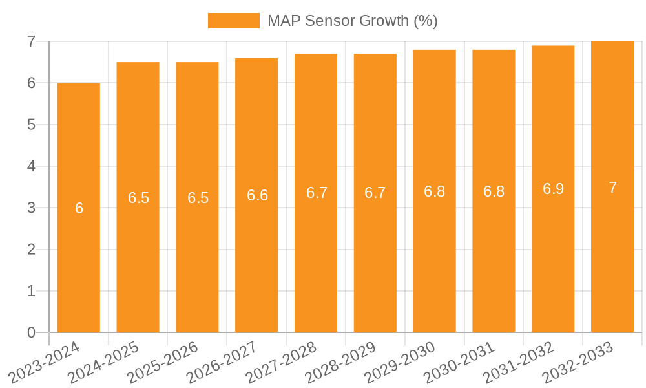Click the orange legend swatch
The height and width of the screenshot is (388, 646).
tap(233, 21)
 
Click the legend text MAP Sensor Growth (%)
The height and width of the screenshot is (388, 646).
tap(353, 21)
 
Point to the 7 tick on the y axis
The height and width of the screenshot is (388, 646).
tap(30, 41)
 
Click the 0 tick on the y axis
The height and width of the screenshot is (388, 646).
tap(30, 332)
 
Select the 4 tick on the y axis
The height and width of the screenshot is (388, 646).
tap(30, 166)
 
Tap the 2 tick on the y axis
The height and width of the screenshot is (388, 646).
tap(30, 250)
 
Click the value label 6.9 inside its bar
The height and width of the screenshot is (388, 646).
tap(553, 189)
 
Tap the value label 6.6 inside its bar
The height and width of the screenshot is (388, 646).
tap(257, 195)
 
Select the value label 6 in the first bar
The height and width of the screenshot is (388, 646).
tap(79, 208)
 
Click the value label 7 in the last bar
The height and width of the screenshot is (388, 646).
tap(612, 188)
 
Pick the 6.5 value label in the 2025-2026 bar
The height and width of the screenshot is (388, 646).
tap(198, 198)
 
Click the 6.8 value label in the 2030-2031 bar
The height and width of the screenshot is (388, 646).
tap(494, 191)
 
